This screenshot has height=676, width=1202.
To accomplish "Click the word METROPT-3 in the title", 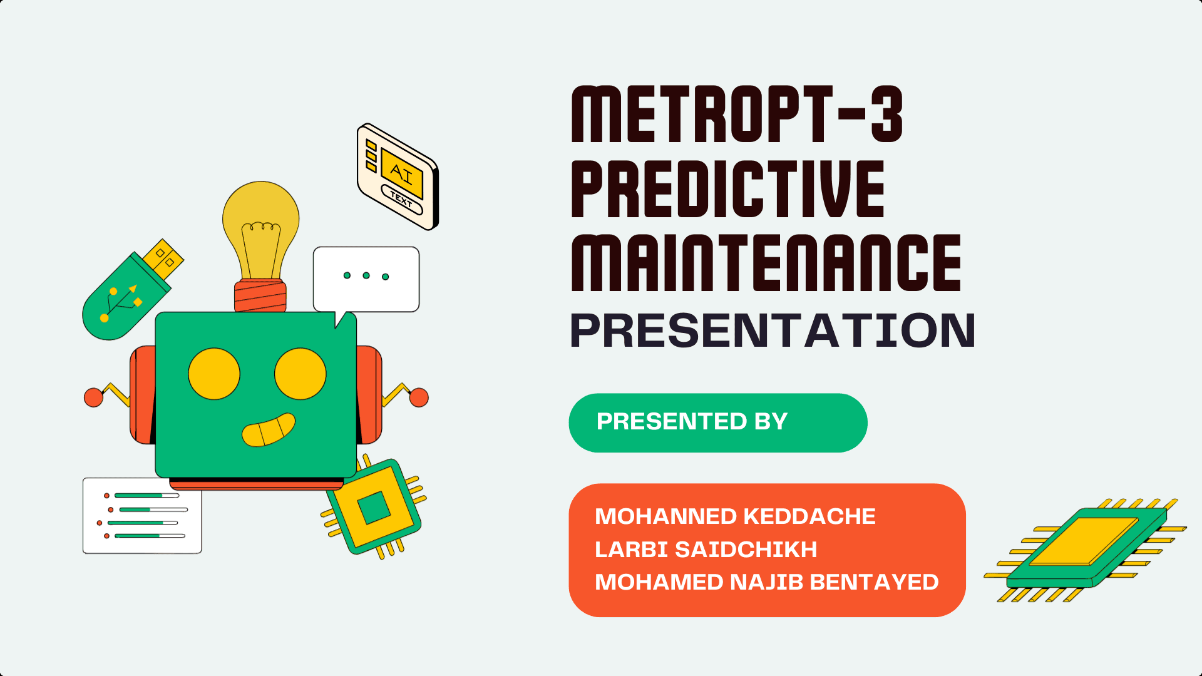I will (737, 115).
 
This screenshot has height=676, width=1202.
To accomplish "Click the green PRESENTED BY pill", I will (717, 422).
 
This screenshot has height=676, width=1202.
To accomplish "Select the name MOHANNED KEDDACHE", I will (735, 516).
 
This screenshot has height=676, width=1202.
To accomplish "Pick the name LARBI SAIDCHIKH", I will (706, 550).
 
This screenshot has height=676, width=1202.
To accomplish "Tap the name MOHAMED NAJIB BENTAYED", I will (766, 582).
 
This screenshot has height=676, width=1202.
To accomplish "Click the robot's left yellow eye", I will (214, 374).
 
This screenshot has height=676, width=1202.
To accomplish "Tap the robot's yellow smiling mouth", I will (268, 430).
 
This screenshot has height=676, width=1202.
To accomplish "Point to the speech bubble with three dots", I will (366, 279).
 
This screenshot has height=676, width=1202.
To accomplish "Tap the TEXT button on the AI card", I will (401, 200).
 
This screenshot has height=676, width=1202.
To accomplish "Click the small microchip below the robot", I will (374, 507).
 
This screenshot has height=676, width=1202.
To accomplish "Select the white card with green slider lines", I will (142, 516).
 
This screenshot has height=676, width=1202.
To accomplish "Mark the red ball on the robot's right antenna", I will (419, 397).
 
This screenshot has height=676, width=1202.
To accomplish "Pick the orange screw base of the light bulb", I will (260, 296).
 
